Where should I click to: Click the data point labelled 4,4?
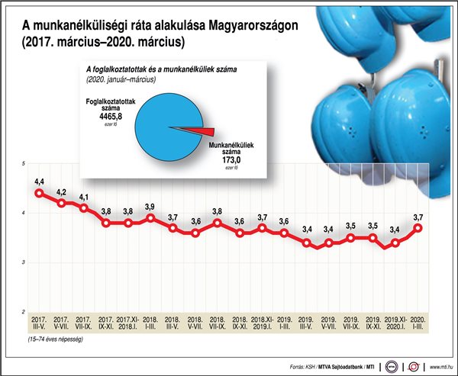coord(39,193)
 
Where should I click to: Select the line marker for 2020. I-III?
coord(418,227)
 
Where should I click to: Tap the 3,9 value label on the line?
coord(150,207)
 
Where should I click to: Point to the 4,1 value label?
coord(83,197)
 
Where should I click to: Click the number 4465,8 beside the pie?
coord(108,117)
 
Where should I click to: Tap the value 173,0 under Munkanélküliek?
coord(231,160)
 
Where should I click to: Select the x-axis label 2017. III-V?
coord(39,323)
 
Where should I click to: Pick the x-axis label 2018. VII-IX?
coord(217,323)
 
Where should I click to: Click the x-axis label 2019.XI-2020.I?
coord(395,323)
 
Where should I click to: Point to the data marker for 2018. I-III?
coord(150,218)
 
